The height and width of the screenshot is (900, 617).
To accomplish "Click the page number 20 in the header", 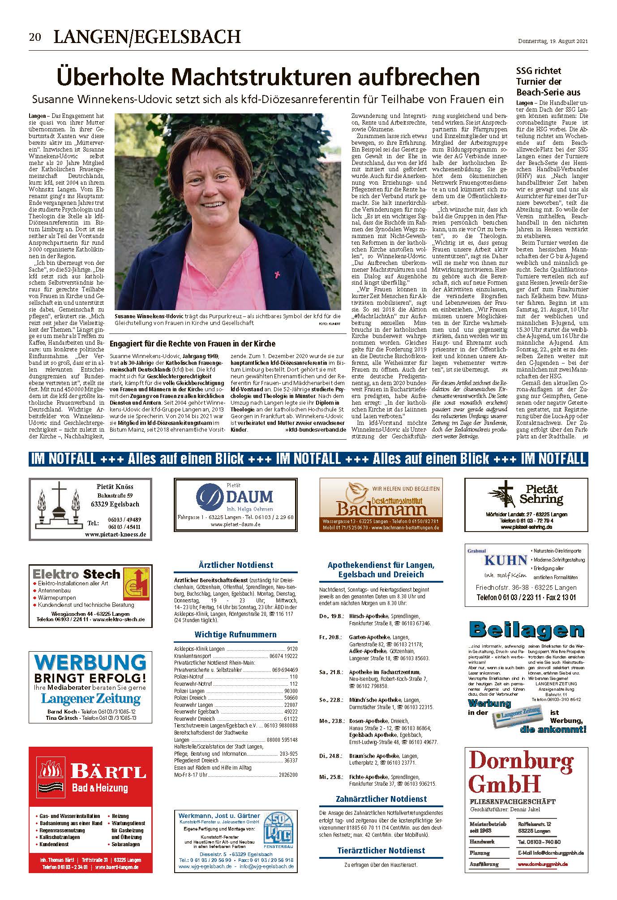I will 35,37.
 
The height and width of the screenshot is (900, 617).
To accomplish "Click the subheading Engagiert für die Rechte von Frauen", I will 193,343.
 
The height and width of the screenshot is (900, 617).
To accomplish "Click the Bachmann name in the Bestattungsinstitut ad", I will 381,509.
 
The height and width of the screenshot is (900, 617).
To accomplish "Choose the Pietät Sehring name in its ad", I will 541,493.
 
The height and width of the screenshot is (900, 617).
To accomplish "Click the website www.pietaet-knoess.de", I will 115,534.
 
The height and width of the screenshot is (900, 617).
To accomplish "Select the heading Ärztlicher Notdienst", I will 236,565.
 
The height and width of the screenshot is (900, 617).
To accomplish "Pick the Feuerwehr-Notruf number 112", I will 294,684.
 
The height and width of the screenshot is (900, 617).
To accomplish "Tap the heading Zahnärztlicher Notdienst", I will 381,799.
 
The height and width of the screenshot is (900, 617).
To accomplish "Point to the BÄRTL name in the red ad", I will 108,772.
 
